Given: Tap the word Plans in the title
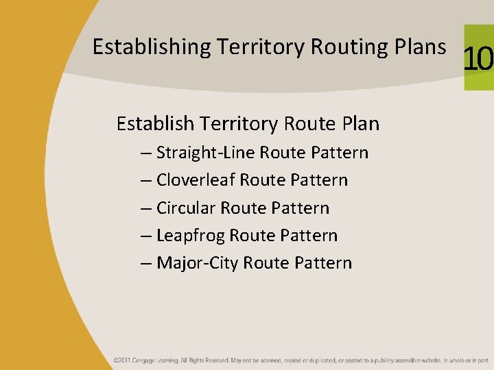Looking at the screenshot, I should click(x=419, y=47).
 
